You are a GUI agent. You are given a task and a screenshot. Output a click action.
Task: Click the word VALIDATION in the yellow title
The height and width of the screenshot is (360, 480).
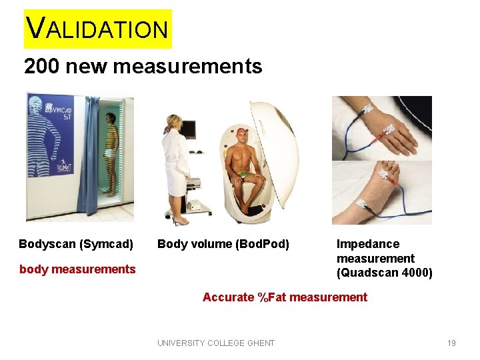click(97, 29)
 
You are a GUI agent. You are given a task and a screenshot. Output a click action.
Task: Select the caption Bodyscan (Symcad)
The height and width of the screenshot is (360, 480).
click(76, 244)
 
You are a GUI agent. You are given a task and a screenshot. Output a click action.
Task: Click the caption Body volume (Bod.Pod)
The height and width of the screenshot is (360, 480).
click(223, 244)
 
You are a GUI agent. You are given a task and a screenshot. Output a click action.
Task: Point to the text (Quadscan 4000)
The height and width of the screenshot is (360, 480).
click(385, 273)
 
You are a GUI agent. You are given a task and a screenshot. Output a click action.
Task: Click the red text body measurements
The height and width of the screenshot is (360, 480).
click(77, 269)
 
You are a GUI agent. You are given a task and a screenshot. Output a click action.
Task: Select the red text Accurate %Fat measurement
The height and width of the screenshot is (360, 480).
click(285, 297)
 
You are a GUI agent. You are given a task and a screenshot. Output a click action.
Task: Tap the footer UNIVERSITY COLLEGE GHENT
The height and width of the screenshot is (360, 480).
click(216, 343)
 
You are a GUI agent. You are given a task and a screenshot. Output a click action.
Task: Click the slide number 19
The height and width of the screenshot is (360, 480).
click(451, 343)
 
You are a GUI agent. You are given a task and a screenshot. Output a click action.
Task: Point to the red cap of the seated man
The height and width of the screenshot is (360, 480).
click(241, 131)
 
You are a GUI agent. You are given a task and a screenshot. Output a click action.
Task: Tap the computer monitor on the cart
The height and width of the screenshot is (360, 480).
click(189, 129)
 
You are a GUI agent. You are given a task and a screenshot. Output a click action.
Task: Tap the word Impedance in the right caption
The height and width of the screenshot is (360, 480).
click(368, 244)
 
